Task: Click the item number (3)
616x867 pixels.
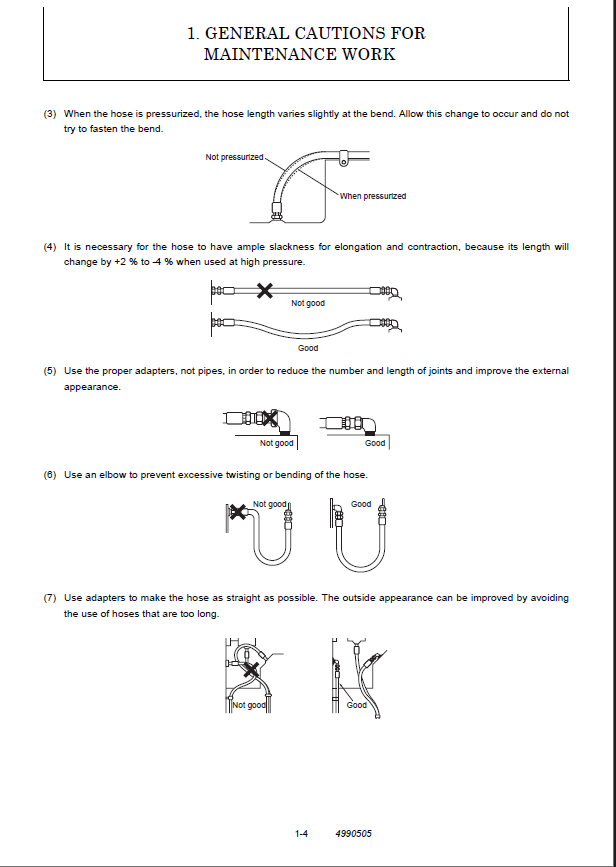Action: tap(50, 114)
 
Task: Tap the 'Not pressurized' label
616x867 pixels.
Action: tap(234, 157)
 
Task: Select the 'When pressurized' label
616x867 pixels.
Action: tap(373, 196)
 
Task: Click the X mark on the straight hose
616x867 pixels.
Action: tap(264, 291)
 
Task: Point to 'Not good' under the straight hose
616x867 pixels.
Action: tap(308, 303)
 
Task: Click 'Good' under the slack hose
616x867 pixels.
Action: tap(308, 348)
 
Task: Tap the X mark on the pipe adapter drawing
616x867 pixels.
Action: tap(269, 417)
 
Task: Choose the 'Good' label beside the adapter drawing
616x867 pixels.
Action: tap(375, 443)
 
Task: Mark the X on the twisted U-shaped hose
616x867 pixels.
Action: tap(238, 512)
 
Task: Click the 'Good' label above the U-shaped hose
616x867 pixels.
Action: tap(361, 504)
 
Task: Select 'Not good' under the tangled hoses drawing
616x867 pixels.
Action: tap(249, 705)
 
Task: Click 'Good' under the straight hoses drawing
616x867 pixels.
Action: tap(357, 705)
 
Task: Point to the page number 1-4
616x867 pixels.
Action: tap(300, 833)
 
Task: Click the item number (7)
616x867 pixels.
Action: tap(50, 598)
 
